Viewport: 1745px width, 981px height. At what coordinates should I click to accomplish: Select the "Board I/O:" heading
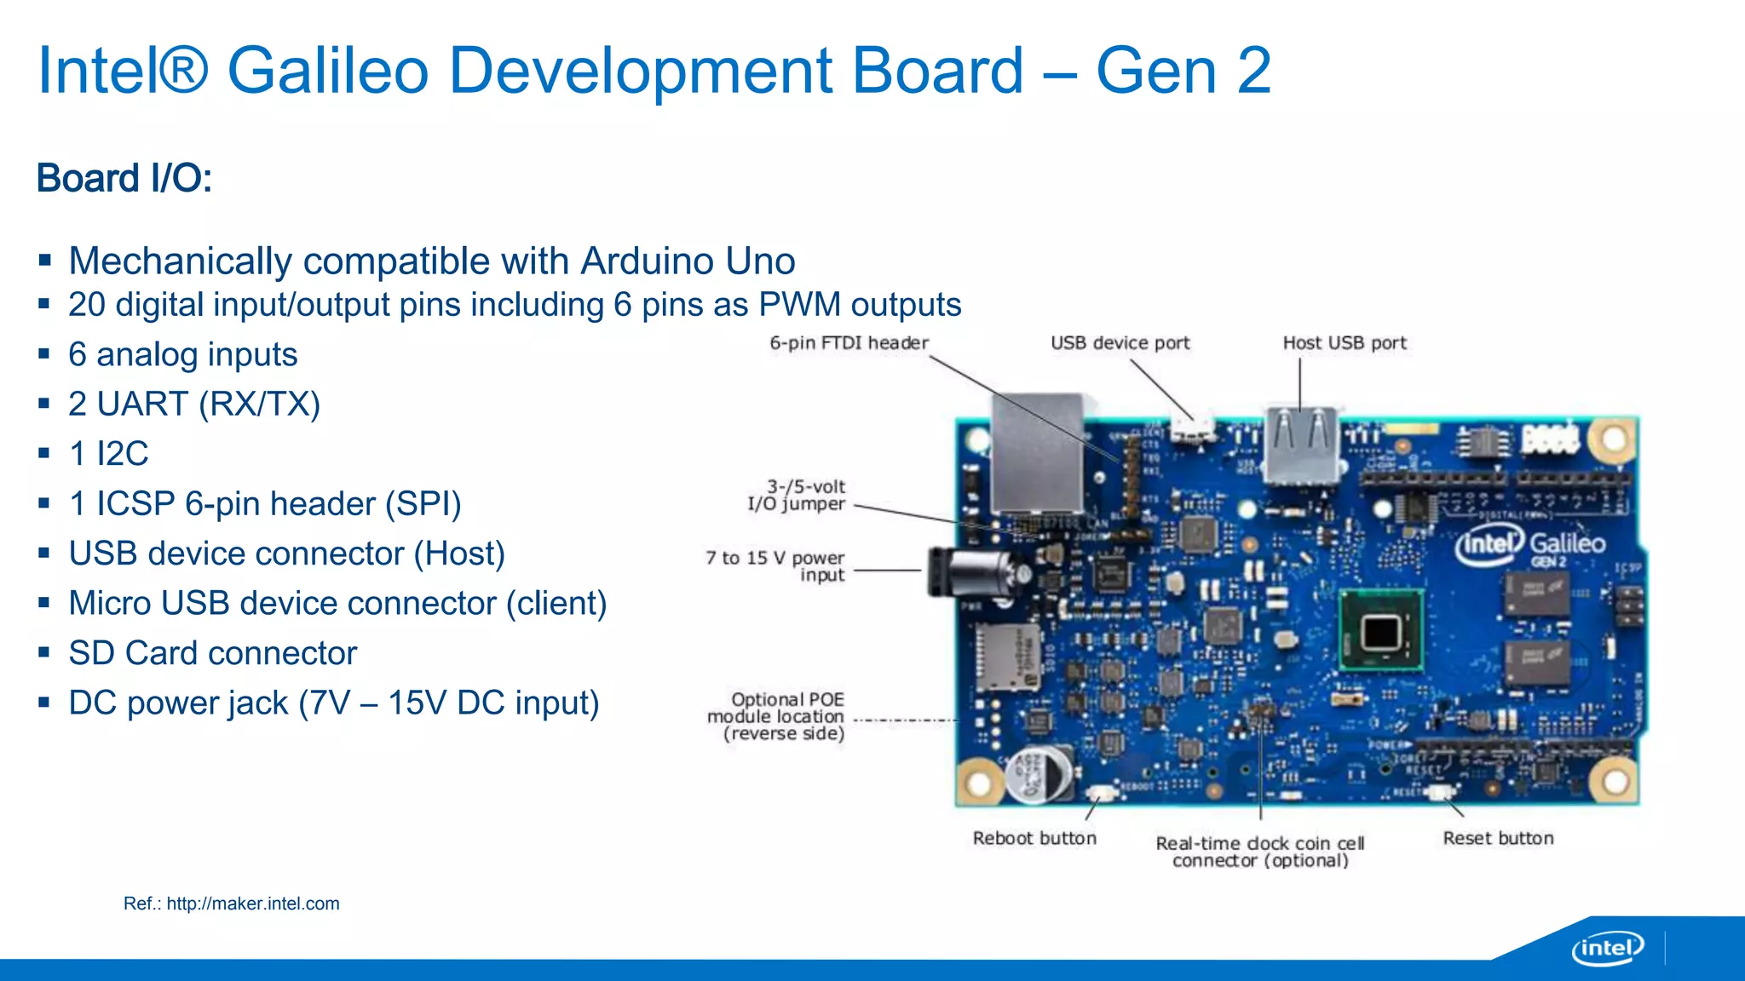tap(124, 179)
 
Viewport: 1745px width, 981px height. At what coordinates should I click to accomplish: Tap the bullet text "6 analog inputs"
tap(182, 354)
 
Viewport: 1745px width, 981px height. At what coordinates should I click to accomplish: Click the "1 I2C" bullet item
tap(108, 454)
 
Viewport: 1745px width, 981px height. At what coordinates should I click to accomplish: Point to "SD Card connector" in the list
tap(212, 653)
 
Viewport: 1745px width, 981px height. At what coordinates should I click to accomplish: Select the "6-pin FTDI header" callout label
tap(849, 343)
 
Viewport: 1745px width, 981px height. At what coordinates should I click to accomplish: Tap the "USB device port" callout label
tap(1120, 343)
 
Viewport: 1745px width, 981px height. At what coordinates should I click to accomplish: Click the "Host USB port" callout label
tap(1345, 343)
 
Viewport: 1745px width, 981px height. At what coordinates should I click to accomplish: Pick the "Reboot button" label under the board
tap(1034, 838)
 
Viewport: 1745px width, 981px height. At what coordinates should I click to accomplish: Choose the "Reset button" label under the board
tap(1498, 838)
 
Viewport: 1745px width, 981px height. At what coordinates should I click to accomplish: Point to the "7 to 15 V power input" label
tap(775, 565)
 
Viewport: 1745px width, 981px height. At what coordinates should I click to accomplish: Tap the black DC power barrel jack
tap(967, 571)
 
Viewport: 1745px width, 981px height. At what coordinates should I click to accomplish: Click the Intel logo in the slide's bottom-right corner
tap(1607, 948)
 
